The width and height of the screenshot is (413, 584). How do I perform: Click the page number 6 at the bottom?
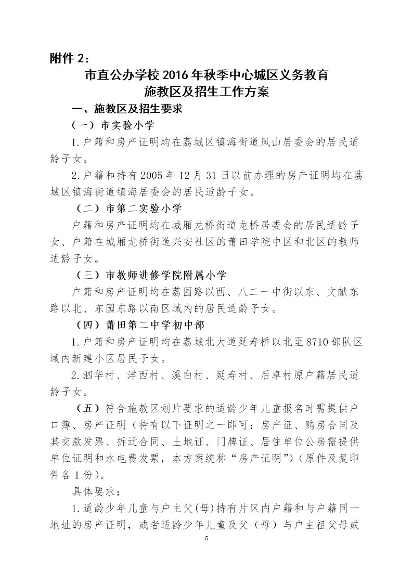point(206,538)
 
